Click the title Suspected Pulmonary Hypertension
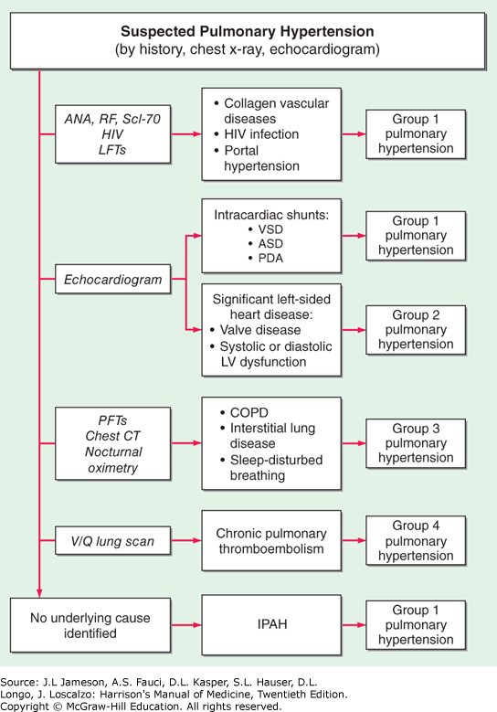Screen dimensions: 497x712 [x=248, y=31]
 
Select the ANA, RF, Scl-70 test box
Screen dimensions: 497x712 [x=113, y=134]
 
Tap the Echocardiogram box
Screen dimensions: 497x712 [x=113, y=280]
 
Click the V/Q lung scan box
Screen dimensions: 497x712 [x=113, y=541]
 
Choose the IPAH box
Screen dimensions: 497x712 [x=271, y=625]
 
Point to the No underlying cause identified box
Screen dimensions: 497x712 [x=90, y=625]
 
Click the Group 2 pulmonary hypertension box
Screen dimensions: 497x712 [x=416, y=330]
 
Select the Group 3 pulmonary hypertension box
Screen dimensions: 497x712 [x=416, y=443]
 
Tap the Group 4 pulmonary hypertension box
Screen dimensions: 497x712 [x=416, y=540]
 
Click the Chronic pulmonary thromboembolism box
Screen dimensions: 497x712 [x=271, y=541]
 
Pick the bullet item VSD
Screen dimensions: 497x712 [x=266, y=229]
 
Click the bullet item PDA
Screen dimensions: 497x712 [x=266, y=258]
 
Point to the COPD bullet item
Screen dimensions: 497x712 [x=244, y=412]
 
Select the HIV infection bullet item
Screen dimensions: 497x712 [x=257, y=134]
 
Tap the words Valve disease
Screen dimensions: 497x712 [x=260, y=330]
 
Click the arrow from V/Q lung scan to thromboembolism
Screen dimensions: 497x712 [x=186, y=540]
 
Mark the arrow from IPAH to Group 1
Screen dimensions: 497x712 [x=354, y=625]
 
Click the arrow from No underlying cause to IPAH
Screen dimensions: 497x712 [x=186, y=625]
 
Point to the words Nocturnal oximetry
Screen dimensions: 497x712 [x=113, y=460]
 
